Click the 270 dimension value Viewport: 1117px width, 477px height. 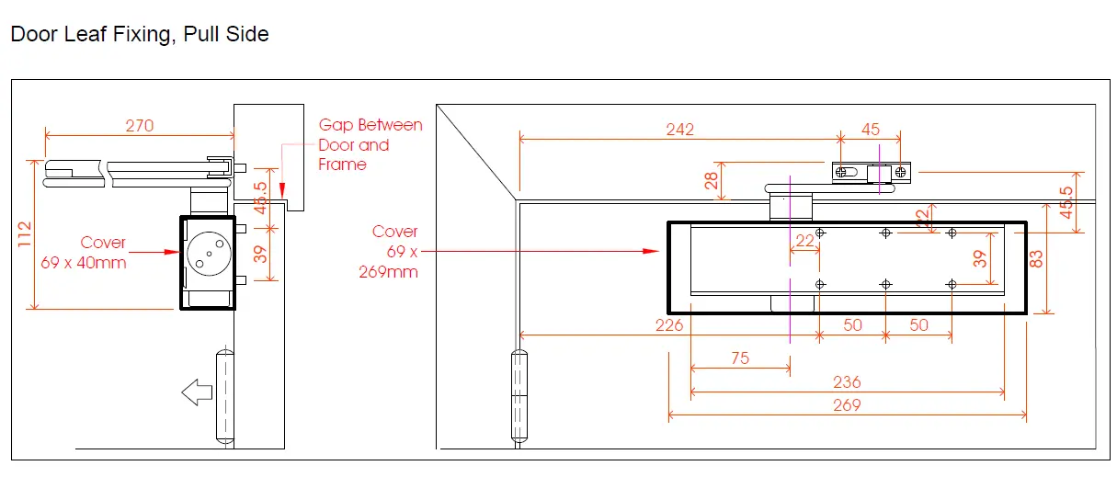pyautogui.click(x=140, y=126)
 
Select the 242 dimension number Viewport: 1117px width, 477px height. pyautogui.click(x=679, y=130)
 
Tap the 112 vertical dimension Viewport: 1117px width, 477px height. pyautogui.click(x=25, y=234)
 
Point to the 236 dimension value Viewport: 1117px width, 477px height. pyautogui.click(x=847, y=382)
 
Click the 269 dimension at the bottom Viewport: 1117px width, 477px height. pyautogui.click(x=847, y=404)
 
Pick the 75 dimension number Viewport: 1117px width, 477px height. pyautogui.click(x=740, y=358)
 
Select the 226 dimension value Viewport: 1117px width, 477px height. pyautogui.click(x=668, y=325)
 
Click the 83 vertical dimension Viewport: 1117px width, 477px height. pyautogui.click(x=1036, y=259)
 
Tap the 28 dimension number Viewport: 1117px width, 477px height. pyautogui.click(x=711, y=180)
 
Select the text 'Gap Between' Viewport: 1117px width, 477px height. pyautogui.click(x=370, y=125)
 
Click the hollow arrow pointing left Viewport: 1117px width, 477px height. pyautogui.click(x=197, y=392)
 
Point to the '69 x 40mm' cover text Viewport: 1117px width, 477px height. pyautogui.click(x=84, y=262)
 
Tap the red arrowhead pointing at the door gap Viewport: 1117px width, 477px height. pyautogui.click(x=282, y=191)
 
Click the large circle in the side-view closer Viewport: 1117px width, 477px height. pyautogui.click(x=209, y=254)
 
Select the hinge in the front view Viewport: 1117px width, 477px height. pyautogui.click(x=519, y=396)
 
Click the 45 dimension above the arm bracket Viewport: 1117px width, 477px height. pyautogui.click(x=871, y=130)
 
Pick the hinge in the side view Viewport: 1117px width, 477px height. pyautogui.click(x=225, y=396)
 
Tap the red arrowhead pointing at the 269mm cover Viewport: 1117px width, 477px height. pyautogui.click(x=651, y=251)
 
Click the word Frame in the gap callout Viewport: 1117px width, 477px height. pyautogui.click(x=342, y=165)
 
